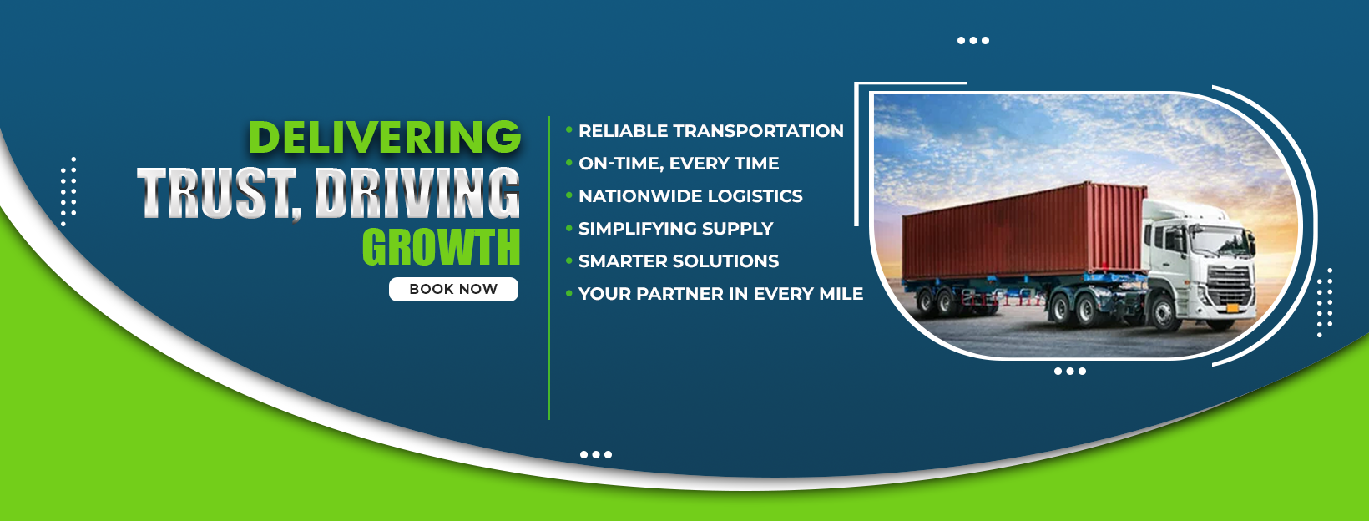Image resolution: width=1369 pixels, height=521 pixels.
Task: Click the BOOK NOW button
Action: point(453,289)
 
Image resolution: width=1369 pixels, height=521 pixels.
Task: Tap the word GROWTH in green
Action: point(441,247)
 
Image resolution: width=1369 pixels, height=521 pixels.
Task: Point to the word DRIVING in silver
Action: point(417,193)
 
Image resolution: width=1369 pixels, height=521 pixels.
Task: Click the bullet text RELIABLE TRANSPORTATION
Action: point(710,131)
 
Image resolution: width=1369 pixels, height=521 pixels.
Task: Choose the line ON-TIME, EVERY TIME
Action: point(679,164)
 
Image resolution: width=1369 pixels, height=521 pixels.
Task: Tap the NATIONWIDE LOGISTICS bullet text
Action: point(690,195)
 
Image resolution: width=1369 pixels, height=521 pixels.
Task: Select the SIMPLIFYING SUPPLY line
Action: point(675,228)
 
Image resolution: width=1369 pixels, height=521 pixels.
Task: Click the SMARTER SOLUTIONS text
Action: point(679,261)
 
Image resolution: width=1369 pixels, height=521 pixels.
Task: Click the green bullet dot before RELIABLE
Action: point(569,129)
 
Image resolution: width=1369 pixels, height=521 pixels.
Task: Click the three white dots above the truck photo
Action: point(973,40)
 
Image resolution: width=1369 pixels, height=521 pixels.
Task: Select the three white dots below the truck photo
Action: point(1070,372)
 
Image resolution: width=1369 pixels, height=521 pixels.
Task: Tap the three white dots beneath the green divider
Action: point(596,454)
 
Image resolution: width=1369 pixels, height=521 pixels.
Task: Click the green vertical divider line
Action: point(548,268)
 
